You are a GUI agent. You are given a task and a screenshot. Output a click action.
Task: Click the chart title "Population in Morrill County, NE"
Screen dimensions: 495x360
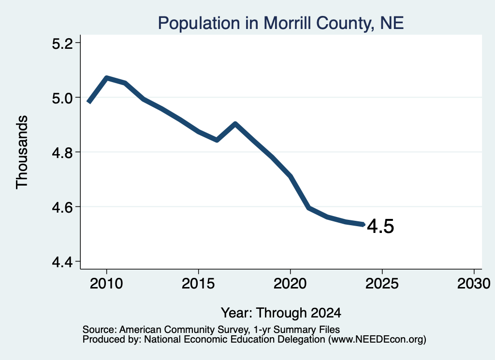point(281,23)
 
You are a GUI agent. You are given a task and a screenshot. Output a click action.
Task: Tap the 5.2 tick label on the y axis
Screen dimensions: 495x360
point(63,43)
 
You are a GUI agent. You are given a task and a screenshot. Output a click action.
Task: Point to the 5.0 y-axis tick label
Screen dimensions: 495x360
point(63,98)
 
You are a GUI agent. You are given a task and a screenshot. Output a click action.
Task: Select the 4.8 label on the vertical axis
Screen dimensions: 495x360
point(63,153)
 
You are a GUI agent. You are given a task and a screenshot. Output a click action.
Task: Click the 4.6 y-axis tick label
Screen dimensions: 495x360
point(63,207)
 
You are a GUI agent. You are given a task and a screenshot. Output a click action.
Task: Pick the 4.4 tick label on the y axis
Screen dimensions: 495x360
point(63,262)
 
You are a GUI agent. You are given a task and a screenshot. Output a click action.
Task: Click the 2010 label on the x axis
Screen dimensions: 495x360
point(106,283)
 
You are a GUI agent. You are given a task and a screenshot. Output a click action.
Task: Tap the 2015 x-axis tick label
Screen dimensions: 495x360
point(198,283)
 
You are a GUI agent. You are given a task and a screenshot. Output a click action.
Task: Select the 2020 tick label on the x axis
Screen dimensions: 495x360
point(290,283)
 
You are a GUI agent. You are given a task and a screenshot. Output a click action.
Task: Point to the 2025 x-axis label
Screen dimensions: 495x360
point(382,283)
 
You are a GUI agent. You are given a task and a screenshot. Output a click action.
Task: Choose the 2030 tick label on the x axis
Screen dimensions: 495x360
point(474,283)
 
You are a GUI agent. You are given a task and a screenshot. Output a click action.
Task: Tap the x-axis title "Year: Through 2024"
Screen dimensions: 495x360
point(281,313)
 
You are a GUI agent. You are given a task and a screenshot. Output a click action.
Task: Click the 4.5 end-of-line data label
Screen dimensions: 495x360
point(381,227)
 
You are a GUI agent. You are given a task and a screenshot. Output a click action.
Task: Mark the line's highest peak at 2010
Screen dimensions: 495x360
point(107,78)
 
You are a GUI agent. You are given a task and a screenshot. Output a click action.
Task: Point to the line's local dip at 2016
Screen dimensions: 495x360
point(217,140)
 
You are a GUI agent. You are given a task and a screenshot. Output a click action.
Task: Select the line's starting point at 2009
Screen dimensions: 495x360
point(89,102)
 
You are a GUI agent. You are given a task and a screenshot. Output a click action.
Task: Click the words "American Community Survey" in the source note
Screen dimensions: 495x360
point(183,330)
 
